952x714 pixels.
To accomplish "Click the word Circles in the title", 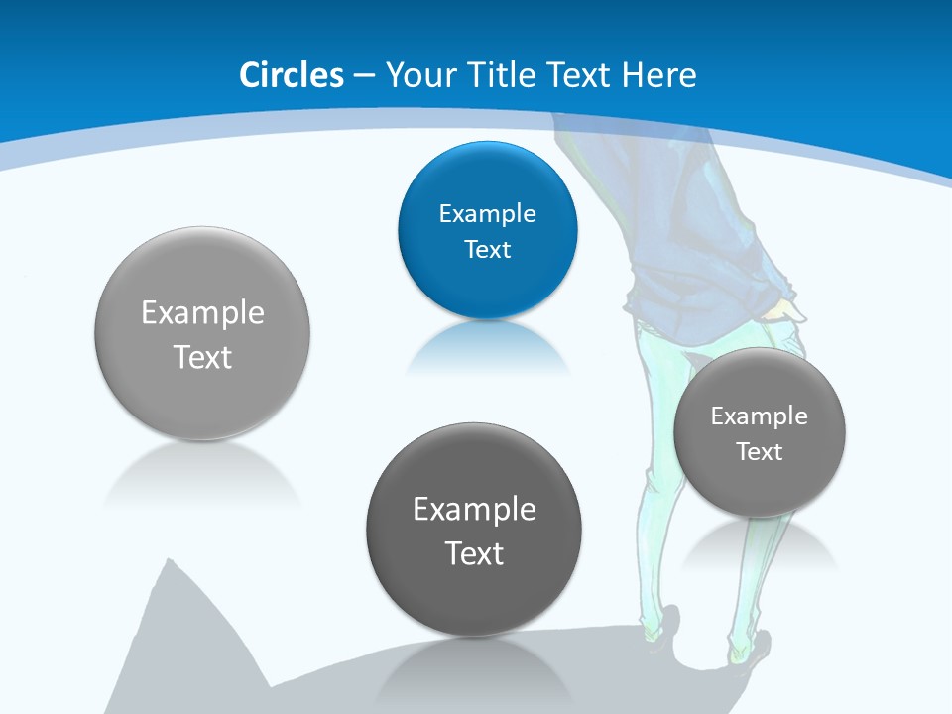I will (292, 75).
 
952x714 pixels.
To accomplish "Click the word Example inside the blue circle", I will (487, 214).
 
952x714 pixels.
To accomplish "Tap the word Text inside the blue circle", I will (487, 249).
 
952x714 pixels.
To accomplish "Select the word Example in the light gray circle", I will (202, 313).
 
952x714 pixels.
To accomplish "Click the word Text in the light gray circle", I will (202, 357).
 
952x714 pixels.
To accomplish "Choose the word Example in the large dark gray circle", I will (474, 510).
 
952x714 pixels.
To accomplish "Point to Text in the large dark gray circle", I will (474, 553).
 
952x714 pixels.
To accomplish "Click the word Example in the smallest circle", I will (759, 416).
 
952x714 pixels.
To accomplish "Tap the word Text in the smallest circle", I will (759, 452).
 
